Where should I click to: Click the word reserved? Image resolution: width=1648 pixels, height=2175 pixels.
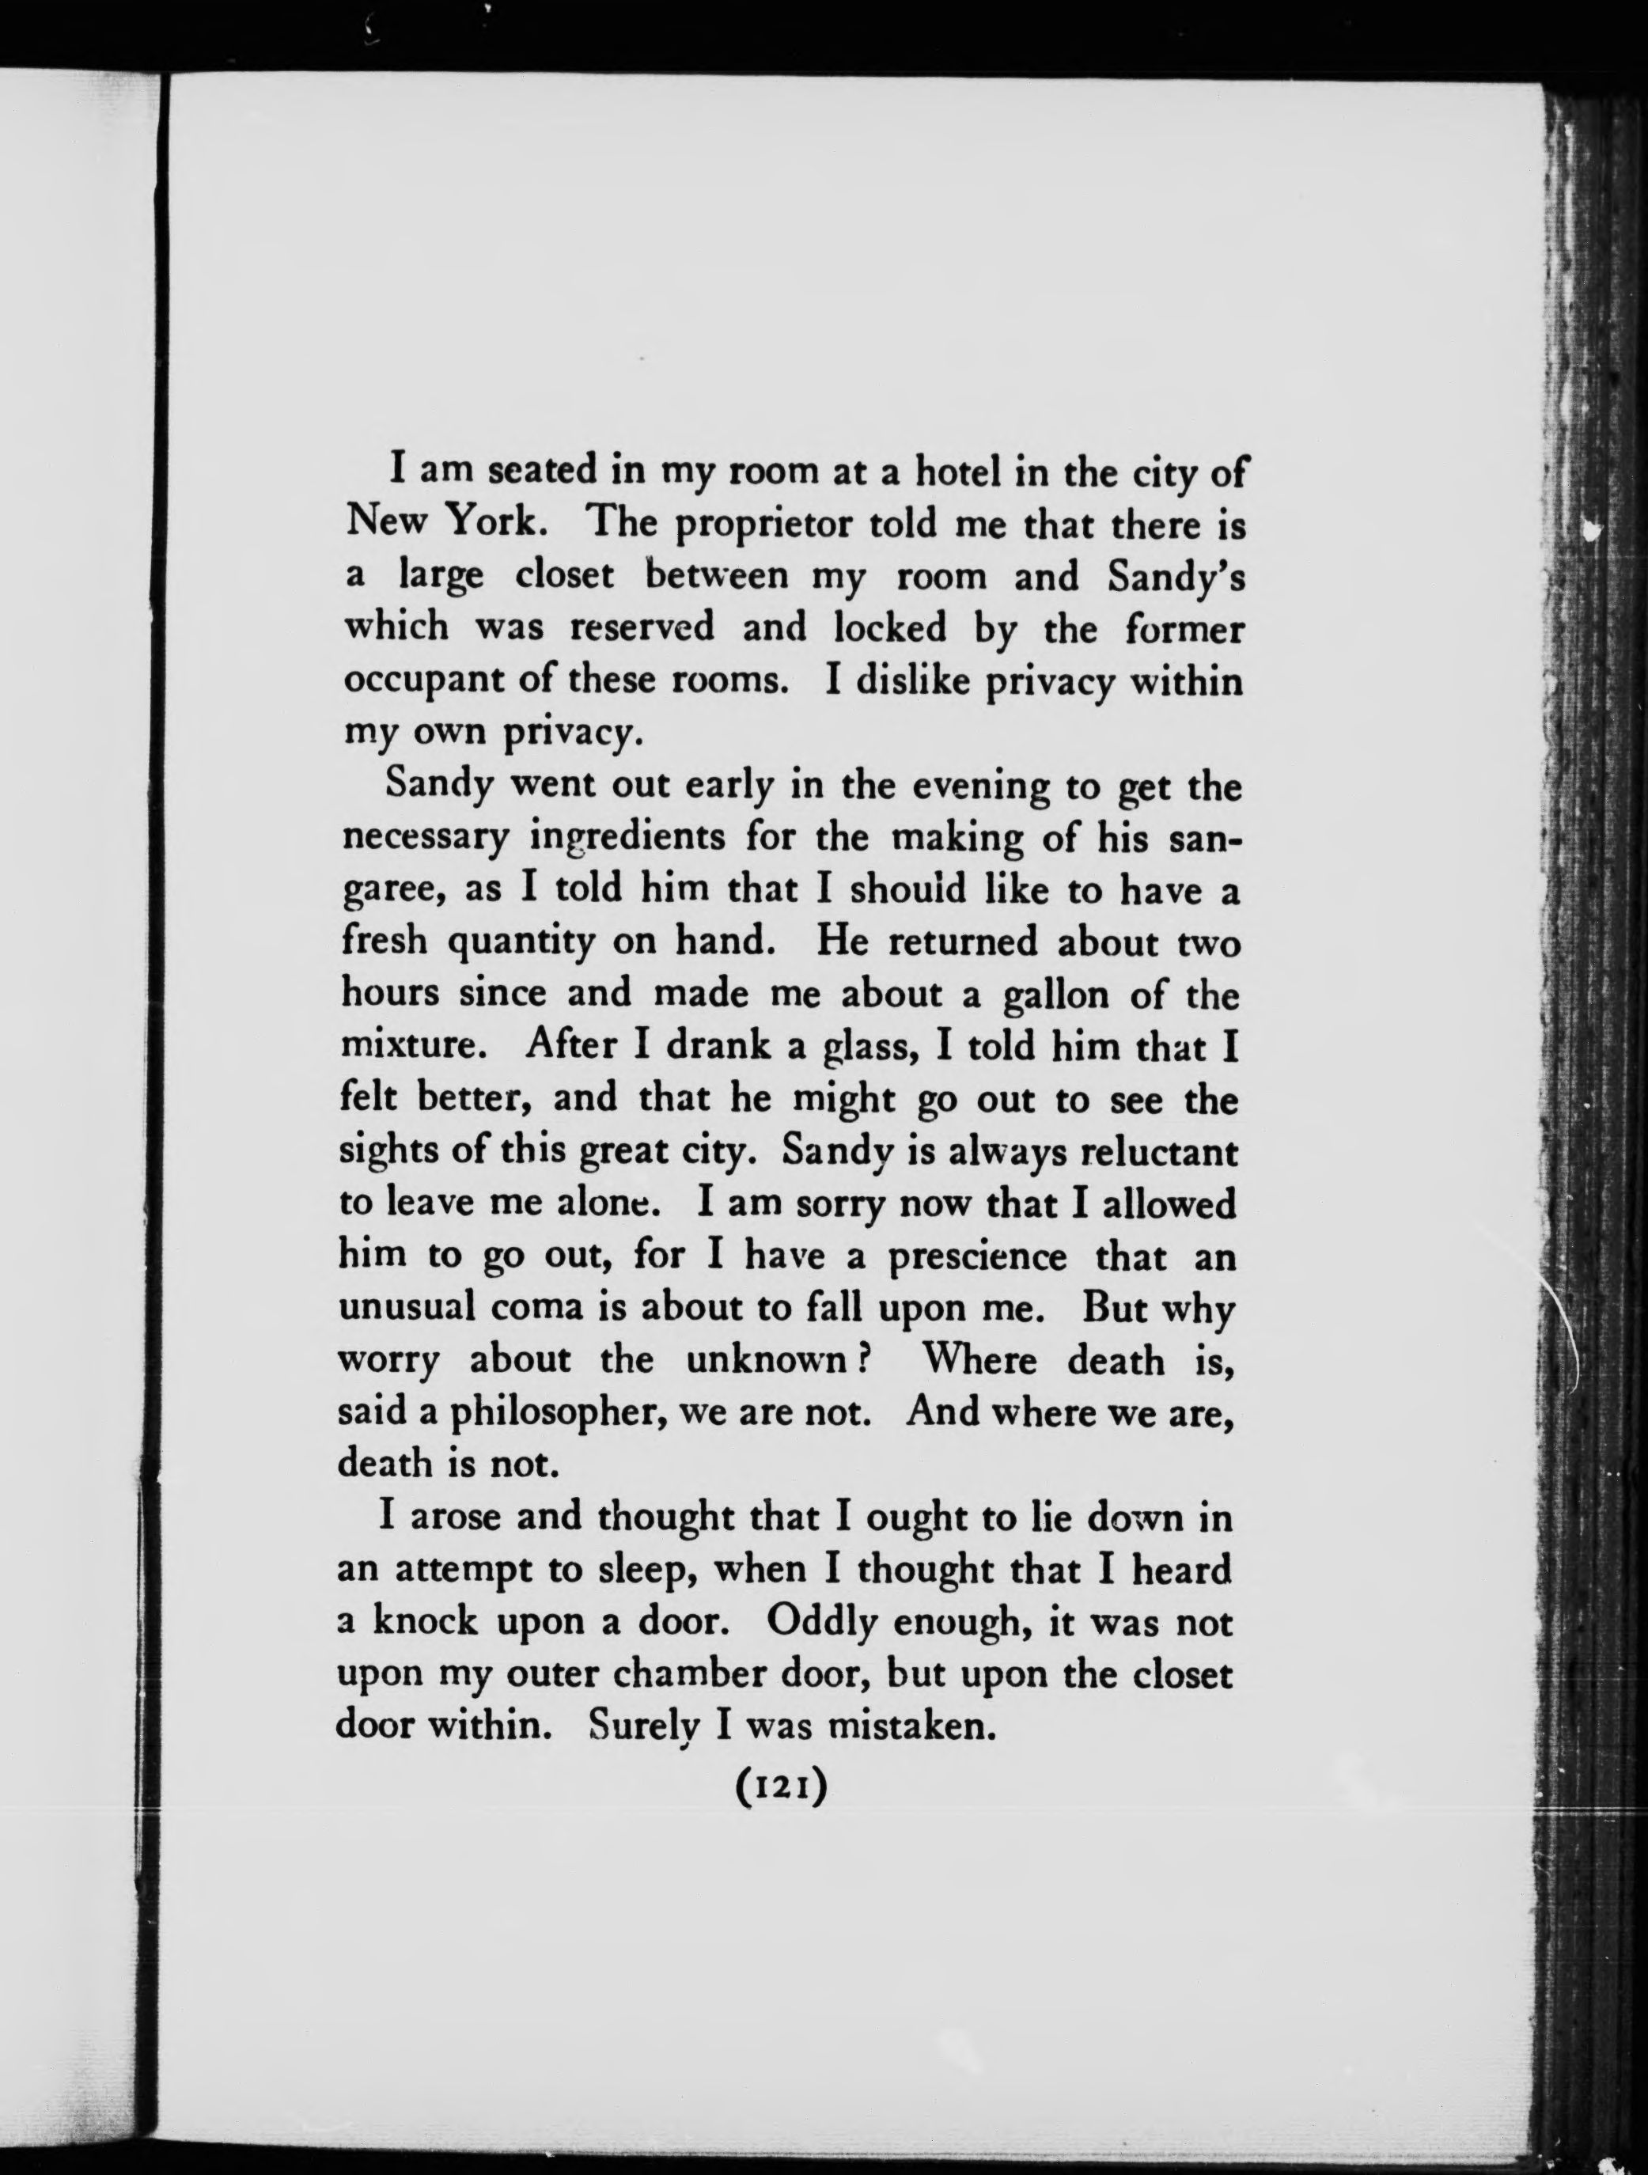pos(642,627)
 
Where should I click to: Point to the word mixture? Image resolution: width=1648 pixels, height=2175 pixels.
pos(413,1048)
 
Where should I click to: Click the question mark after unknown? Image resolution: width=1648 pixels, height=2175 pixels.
pos(858,1362)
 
